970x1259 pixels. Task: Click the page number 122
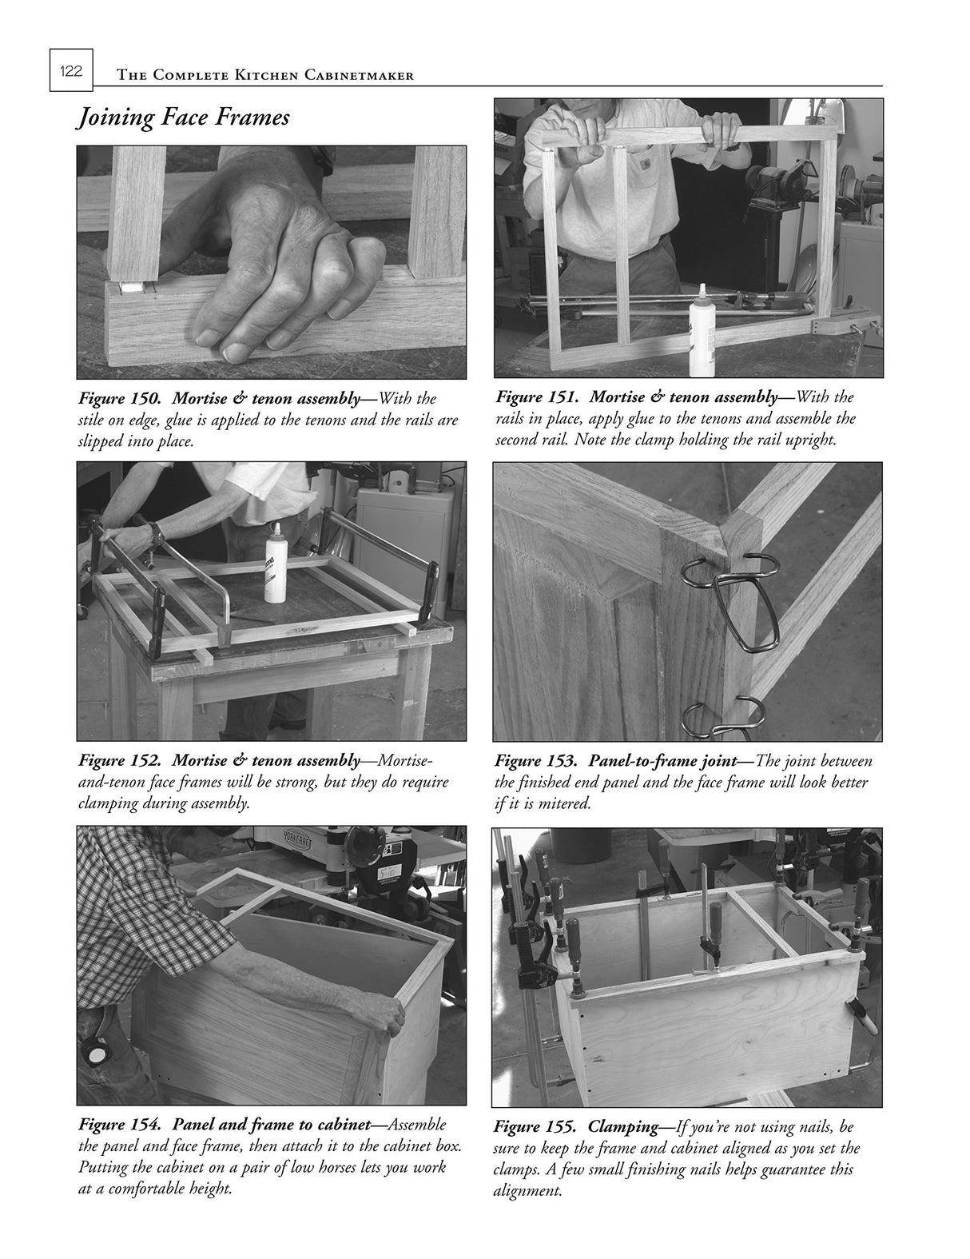click(x=70, y=71)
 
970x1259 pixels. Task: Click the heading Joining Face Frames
click(x=182, y=118)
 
